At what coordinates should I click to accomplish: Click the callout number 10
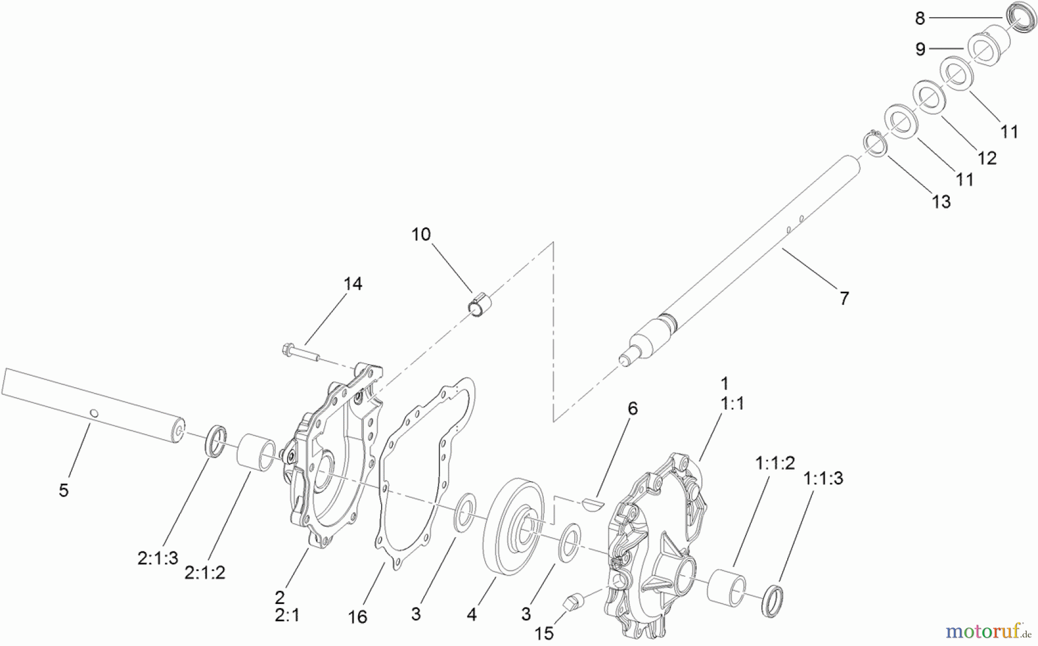pos(421,235)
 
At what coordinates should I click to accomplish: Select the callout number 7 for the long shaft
pos(844,299)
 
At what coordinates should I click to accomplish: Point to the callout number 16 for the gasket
pos(358,617)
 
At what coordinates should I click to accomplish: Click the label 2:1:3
pos(157,558)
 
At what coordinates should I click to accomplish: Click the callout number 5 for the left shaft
pos(63,490)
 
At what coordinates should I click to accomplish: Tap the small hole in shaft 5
pos(95,413)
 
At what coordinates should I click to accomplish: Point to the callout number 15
pos(544,633)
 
